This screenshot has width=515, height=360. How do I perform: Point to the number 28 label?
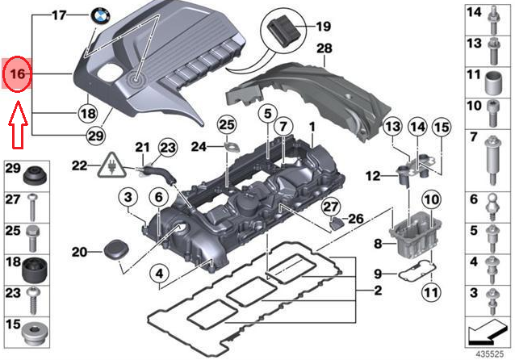point(324,49)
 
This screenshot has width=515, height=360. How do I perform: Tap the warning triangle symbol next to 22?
point(107,169)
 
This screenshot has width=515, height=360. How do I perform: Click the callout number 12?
point(372,175)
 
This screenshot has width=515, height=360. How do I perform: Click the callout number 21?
point(142,147)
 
